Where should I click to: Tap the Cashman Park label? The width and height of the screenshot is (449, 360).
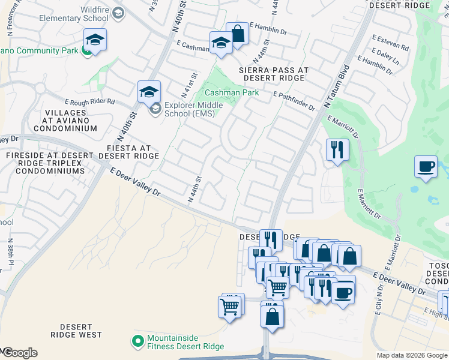232,93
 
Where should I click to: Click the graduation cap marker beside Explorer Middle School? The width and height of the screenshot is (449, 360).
149,92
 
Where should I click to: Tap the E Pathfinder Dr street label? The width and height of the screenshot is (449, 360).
294,101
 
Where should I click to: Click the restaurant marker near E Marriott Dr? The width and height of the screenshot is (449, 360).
337,149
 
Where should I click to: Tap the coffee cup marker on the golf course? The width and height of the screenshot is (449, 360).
426,167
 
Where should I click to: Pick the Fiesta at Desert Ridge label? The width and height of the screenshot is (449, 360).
128,151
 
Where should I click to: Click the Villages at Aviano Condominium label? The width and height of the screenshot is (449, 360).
69,120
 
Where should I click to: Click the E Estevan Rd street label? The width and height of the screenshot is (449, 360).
390,43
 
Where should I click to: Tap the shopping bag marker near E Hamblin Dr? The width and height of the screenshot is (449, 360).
238,34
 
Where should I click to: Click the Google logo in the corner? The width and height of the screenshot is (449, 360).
19,353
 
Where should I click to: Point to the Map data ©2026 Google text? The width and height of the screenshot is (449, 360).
412,355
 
